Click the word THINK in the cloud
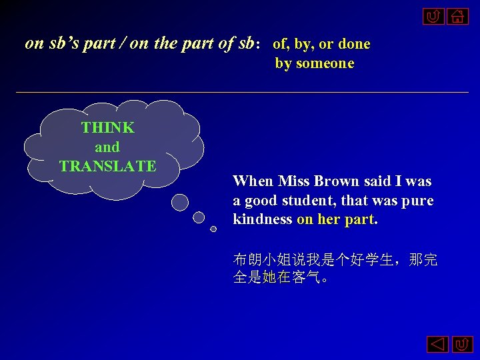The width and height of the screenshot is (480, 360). [107, 127]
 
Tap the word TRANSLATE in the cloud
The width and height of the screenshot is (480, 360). [107, 166]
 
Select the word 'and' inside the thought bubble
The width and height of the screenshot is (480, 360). [107, 147]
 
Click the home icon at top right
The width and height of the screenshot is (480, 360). [457, 16]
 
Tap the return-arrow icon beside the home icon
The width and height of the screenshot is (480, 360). [433, 16]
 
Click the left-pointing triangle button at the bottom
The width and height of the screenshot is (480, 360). [437, 345]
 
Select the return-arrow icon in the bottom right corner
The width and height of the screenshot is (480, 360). [462, 345]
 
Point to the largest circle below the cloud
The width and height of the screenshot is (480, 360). [180, 201]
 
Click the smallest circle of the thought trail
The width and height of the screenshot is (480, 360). [213, 229]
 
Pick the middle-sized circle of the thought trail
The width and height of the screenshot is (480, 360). [199, 217]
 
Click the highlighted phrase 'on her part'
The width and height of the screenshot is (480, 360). [336, 219]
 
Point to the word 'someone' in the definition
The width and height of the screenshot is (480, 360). [325, 63]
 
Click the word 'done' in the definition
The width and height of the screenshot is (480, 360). [354, 44]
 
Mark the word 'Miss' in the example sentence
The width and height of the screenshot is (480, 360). [293, 181]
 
